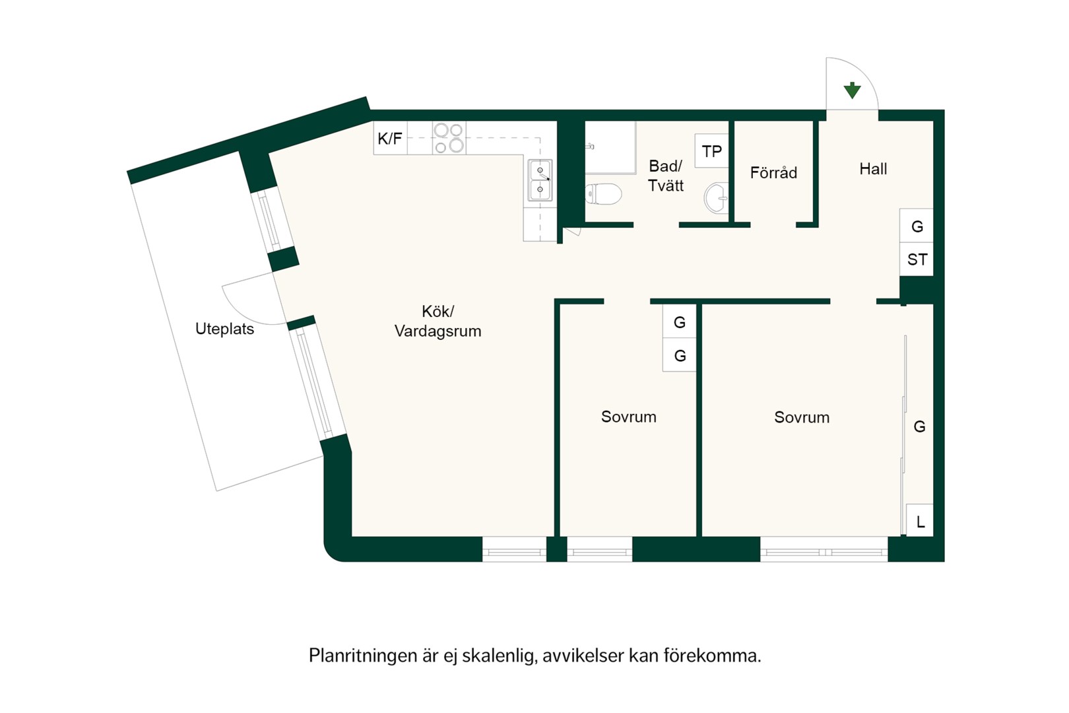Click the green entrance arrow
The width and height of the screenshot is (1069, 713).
click(x=852, y=90)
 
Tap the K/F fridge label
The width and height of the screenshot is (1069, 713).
click(x=390, y=139)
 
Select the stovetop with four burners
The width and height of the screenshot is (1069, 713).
click(x=449, y=138)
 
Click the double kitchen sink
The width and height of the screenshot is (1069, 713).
click(x=540, y=180)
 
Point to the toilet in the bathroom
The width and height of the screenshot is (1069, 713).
click(x=603, y=194)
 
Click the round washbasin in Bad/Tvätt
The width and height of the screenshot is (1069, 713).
click(x=717, y=197)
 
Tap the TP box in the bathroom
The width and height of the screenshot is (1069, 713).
click(x=711, y=151)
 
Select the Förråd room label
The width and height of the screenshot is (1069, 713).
click(x=773, y=172)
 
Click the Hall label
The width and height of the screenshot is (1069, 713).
click(x=873, y=168)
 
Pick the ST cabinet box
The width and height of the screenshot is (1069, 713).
click(x=917, y=259)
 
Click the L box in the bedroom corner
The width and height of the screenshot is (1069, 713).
click(x=920, y=520)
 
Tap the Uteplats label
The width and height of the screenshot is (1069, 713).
click(x=224, y=329)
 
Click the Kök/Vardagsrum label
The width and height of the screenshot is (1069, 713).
click(x=437, y=321)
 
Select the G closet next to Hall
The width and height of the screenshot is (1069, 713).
click(x=917, y=226)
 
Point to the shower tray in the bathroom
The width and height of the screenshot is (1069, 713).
click(x=611, y=148)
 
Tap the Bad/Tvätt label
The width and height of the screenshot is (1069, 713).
click(x=666, y=175)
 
